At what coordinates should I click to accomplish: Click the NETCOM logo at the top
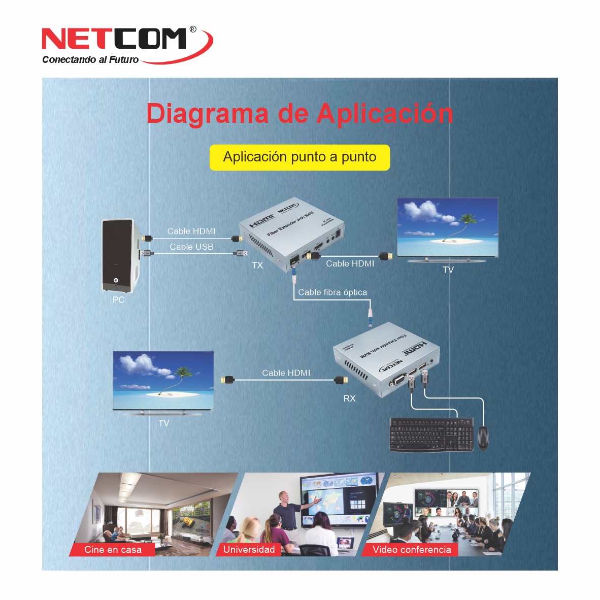point(114,39)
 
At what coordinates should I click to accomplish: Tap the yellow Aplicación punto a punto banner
point(299,157)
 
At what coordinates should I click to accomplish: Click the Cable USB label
point(191,247)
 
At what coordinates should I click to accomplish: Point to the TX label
point(257,265)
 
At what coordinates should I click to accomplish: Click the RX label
point(349,399)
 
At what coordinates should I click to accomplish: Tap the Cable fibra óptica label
point(332,292)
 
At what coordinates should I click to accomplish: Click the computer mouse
point(483,438)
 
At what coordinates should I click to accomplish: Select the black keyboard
point(431,435)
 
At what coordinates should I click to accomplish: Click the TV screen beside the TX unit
point(447,227)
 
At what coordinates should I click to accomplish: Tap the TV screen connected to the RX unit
point(163,380)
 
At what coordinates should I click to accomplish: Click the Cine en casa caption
point(113,550)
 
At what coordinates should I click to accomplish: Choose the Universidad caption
point(249,550)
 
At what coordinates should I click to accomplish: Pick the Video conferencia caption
point(411,550)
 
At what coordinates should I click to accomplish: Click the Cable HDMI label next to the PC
point(191,231)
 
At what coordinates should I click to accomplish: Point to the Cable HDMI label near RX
point(286,373)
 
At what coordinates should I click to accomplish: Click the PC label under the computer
point(118,300)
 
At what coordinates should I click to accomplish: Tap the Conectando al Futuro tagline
point(90,60)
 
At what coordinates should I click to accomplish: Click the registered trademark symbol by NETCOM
point(193,29)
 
